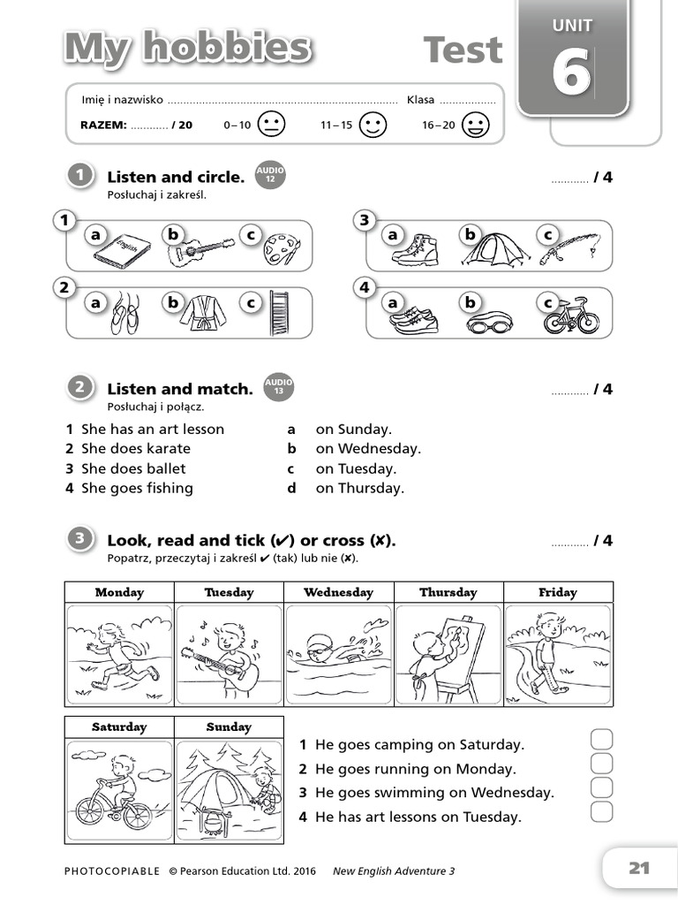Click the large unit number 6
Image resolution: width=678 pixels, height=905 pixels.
[x=571, y=72]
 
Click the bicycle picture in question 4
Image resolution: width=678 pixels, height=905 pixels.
[x=571, y=316]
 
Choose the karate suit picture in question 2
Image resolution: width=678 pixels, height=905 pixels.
[x=202, y=313]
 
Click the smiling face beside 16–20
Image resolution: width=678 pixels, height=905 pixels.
[x=475, y=125]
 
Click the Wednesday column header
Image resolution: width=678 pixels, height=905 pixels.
[x=338, y=593]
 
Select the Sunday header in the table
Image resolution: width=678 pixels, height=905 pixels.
[x=229, y=727]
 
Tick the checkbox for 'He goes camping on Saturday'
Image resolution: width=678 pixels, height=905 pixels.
[x=601, y=740]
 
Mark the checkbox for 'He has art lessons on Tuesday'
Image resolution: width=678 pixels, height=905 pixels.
[x=601, y=811]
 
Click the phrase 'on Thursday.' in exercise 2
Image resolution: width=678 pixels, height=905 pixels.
[x=359, y=488]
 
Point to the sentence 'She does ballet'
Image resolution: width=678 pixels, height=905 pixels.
[x=133, y=468]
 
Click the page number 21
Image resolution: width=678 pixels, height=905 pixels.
[x=638, y=868]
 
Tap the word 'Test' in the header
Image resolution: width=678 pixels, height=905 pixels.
[x=463, y=50]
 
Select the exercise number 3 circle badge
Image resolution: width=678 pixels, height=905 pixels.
[x=80, y=539]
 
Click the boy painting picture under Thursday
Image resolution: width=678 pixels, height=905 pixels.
[x=448, y=654]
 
